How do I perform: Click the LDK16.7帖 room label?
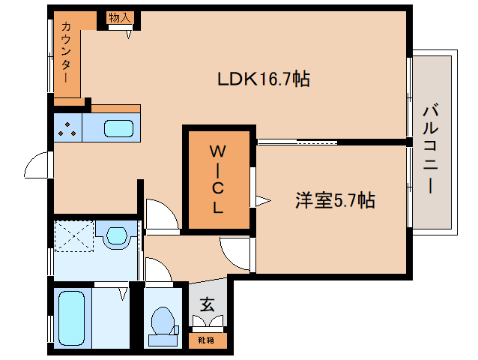click(x=264, y=79)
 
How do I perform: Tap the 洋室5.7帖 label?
click(x=334, y=200)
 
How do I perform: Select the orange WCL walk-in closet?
click(x=217, y=180)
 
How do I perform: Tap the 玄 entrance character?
click(x=206, y=304)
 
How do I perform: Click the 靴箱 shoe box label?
click(x=206, y=339)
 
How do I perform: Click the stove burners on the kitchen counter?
click(x=67, y=129)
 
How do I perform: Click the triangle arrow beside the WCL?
click(x=261, y=200)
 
